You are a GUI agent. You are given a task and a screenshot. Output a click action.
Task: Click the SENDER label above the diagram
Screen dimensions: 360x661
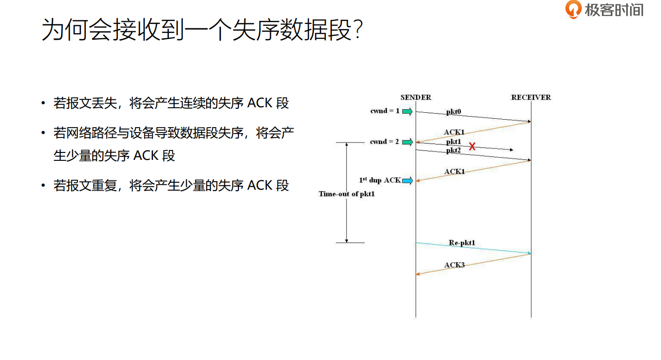click(x=416, y=97)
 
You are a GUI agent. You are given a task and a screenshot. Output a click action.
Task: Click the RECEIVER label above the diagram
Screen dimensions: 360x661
click(x=531, y=97)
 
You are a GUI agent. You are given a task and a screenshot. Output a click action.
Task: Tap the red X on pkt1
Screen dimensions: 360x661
click(x=472, y=146)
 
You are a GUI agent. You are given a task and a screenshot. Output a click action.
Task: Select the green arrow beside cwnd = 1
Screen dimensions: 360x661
click(x=407, y=111)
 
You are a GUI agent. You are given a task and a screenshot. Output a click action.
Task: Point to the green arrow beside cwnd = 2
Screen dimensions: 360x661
click(x=407, y=142)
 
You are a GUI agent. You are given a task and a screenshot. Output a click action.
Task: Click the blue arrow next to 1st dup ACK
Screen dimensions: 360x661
click(x=407, y=180)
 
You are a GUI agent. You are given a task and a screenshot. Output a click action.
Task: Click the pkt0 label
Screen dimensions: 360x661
click(x=453, y=112)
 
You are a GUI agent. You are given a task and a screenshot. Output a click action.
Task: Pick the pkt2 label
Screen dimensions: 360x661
click(x=453, y=150)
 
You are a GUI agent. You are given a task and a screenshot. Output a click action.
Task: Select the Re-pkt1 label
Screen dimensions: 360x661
click(x=462, y=243)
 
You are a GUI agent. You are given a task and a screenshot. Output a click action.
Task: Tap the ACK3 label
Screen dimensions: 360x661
click(x=454, y=265)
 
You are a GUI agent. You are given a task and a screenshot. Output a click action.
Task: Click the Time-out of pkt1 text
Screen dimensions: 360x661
click(x=347, y=194)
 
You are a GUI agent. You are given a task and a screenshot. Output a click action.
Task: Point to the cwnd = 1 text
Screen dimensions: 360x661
click(x=384, y=111)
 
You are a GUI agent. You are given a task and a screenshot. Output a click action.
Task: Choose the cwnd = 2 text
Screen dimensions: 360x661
click(x=384, y=142)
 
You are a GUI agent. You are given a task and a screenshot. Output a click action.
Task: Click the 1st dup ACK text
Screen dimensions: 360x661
click(x=380, y=180)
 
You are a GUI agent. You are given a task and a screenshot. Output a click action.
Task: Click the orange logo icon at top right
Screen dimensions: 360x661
click(x=574, y=9)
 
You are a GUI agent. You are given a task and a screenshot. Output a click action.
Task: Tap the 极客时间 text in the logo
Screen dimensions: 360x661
click(x=614, y=10)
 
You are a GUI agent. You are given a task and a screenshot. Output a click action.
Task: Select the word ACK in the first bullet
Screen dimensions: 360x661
click(x=260, y=103)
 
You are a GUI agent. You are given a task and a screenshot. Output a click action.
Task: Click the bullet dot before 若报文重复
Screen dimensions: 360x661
click(x=44, y=186)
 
